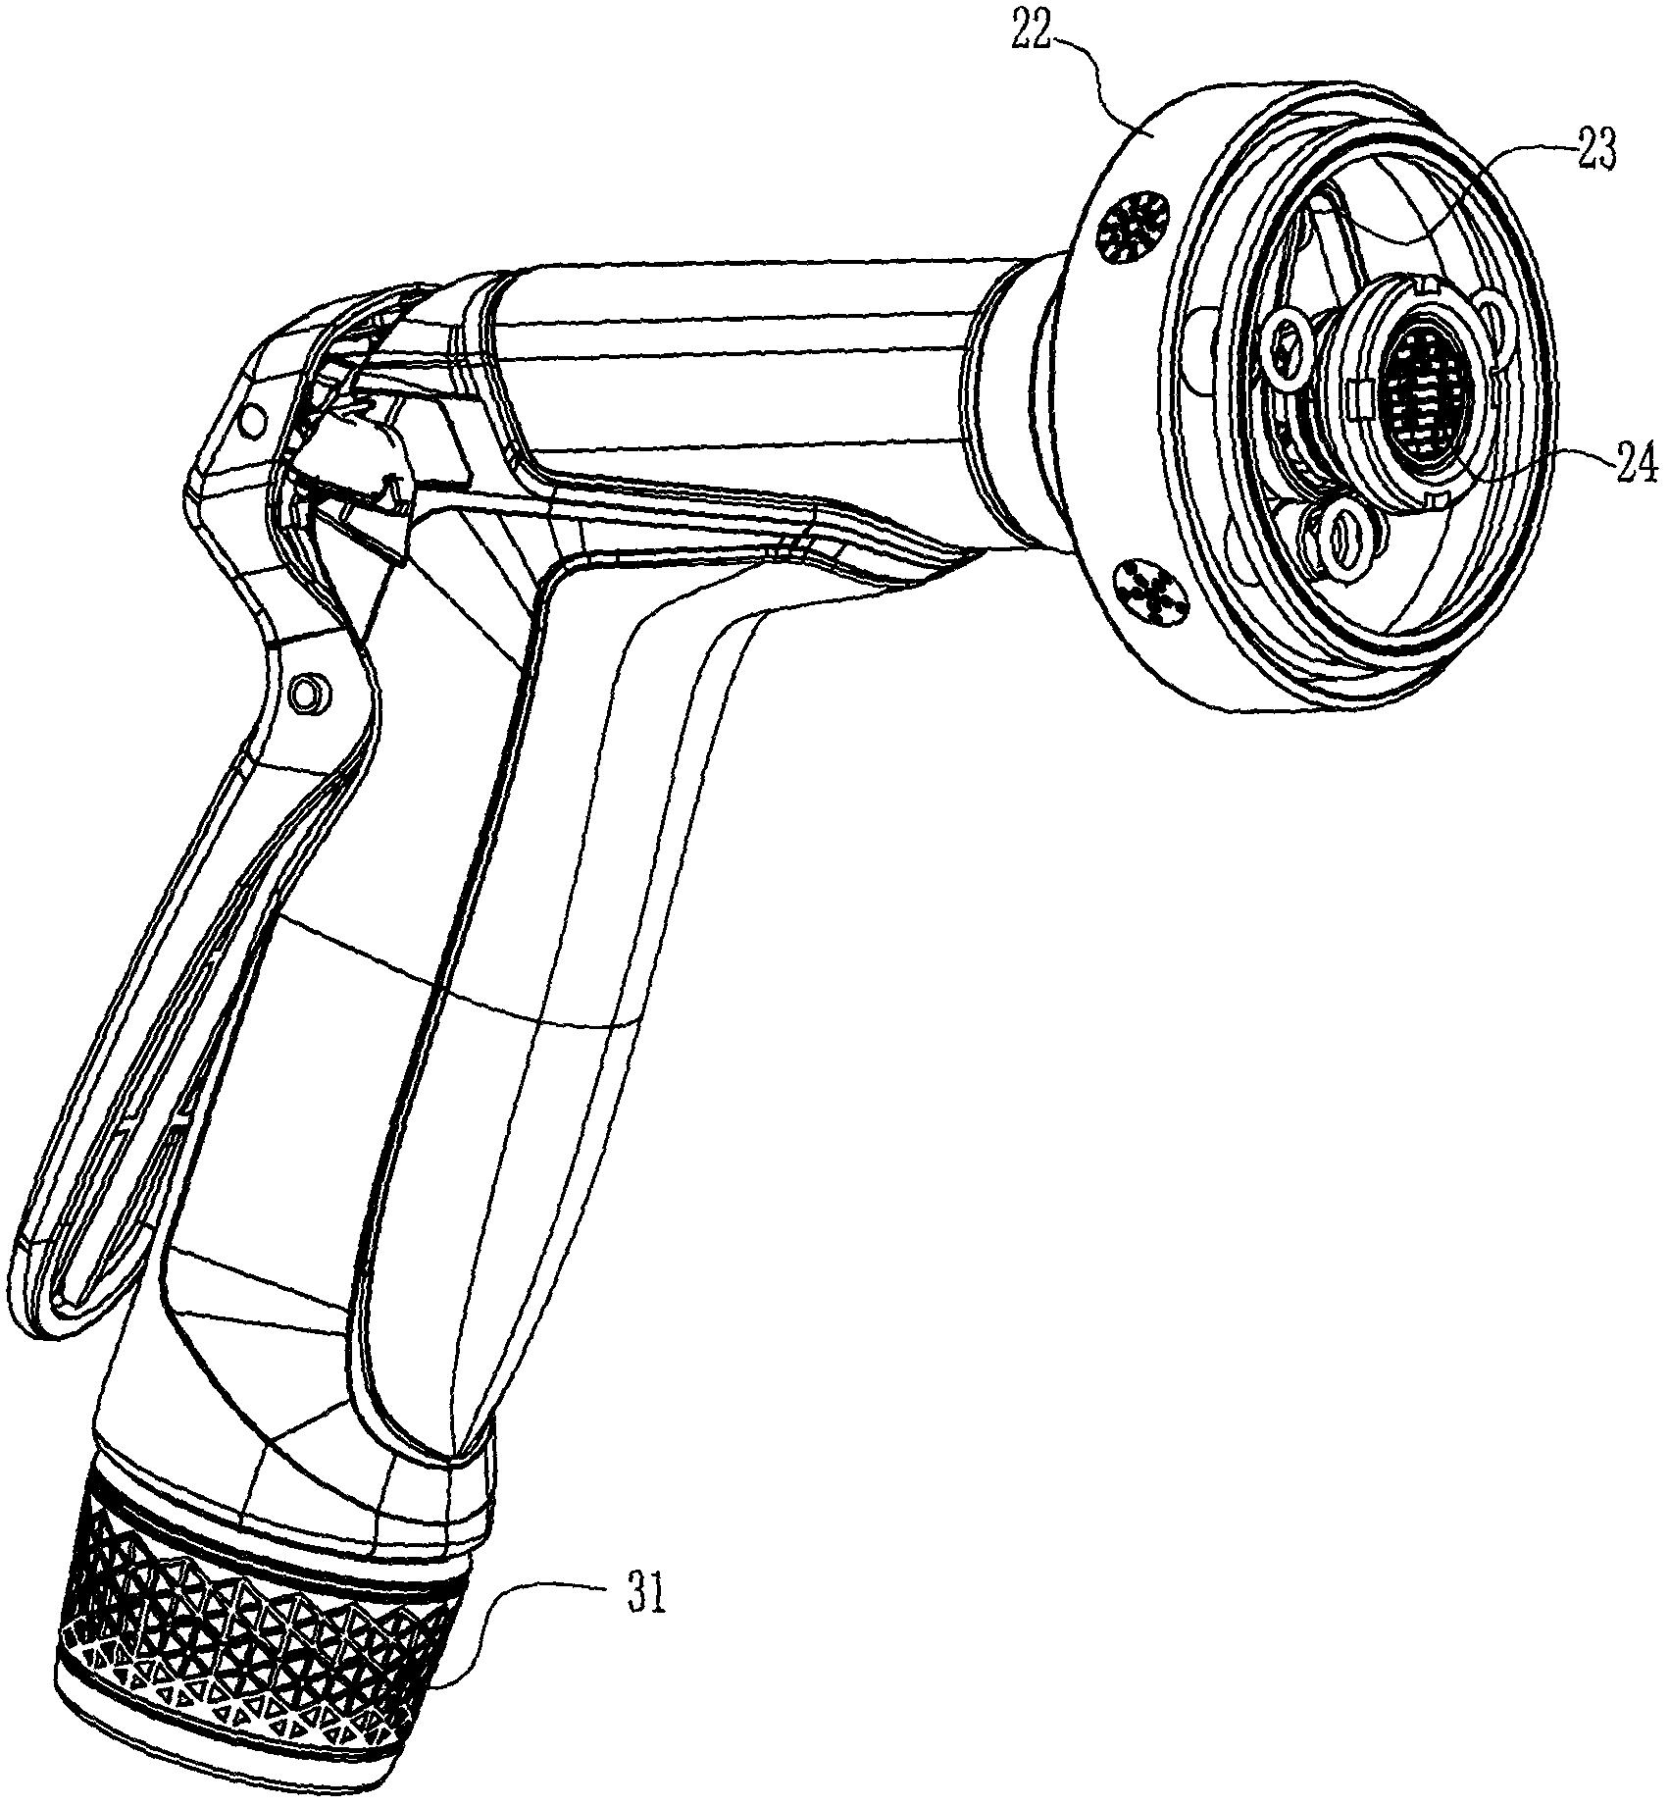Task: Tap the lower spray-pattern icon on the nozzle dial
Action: pos(1153,592)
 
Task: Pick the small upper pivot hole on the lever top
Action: pos(253,422)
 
